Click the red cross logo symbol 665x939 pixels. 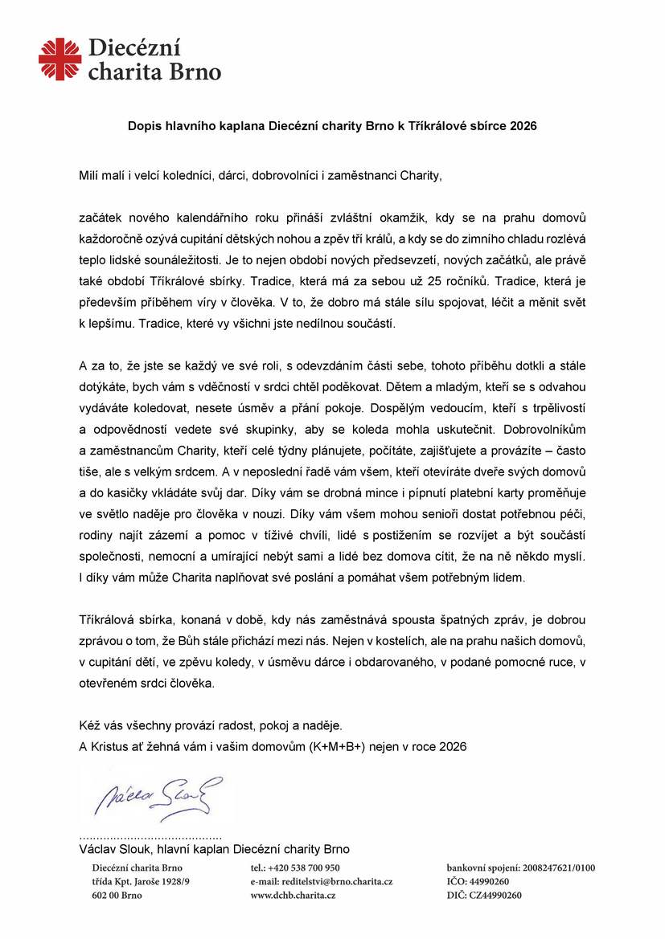click(x=60, y=59)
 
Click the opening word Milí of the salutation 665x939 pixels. click(x=89, y=174)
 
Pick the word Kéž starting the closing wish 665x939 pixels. click(x=90, y=725)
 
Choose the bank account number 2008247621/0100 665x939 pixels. click(x=559, y=868)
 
